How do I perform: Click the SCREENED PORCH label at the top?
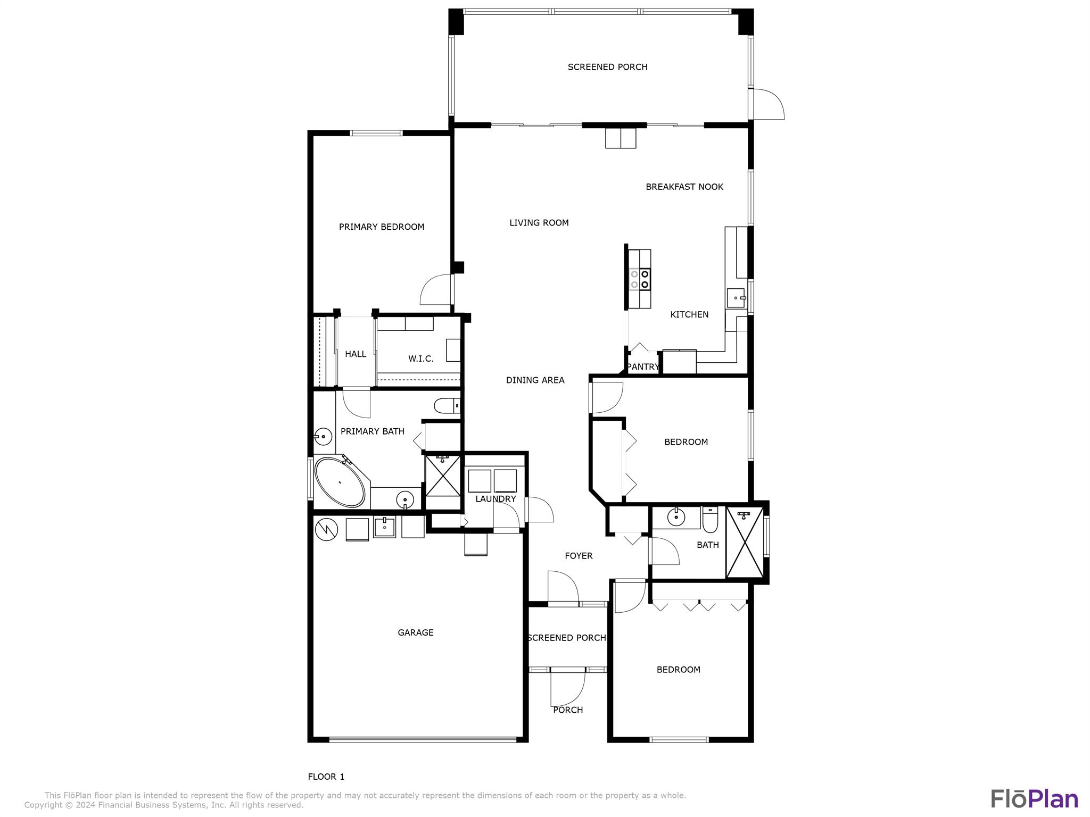coord(607,67)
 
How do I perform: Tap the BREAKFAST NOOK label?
coord(684,187)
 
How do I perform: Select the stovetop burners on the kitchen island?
coord(639,279)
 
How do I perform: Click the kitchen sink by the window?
coord(737,298)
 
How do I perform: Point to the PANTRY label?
coord(642,367)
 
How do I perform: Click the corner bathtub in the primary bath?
coord(340,482)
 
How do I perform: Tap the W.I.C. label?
coord(420,359)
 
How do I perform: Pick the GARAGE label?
coord(416,632)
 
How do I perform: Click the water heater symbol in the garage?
coord(326,529)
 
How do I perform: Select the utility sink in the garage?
coord(384,527)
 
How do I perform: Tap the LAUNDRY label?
coord(496,499)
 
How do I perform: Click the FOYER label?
coord(579,556)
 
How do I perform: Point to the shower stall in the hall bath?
coord(745,543)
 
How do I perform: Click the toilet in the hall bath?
coord(710,520)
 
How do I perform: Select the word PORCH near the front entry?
coord(568,710)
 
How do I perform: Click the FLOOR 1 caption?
coord(326,777)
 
